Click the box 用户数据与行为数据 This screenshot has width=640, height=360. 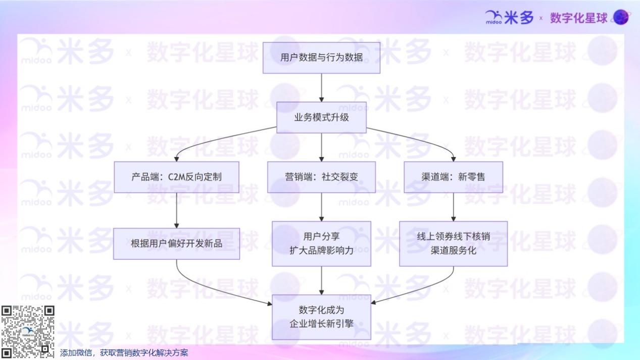point(321,58)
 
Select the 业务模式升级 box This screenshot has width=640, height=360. point(321,118)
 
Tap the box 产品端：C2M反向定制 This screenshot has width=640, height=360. point(176,177)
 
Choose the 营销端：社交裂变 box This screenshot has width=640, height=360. point(321,177)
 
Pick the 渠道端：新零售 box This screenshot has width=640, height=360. point(453,177)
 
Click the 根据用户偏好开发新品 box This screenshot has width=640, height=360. point(176,243)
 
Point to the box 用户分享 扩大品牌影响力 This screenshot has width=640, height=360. point(321,243)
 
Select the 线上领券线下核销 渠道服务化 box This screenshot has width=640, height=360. point(453,243)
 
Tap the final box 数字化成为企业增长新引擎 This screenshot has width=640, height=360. point(321,317)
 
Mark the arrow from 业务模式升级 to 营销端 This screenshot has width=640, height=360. point(321,147)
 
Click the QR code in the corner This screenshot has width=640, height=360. point(28,332)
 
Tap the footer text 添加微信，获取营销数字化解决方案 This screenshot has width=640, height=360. point(124,353)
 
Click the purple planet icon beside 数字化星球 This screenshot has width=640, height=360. point(621,17)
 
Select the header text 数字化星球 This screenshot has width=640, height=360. point(578,18)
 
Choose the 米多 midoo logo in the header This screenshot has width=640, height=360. point(509,18)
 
